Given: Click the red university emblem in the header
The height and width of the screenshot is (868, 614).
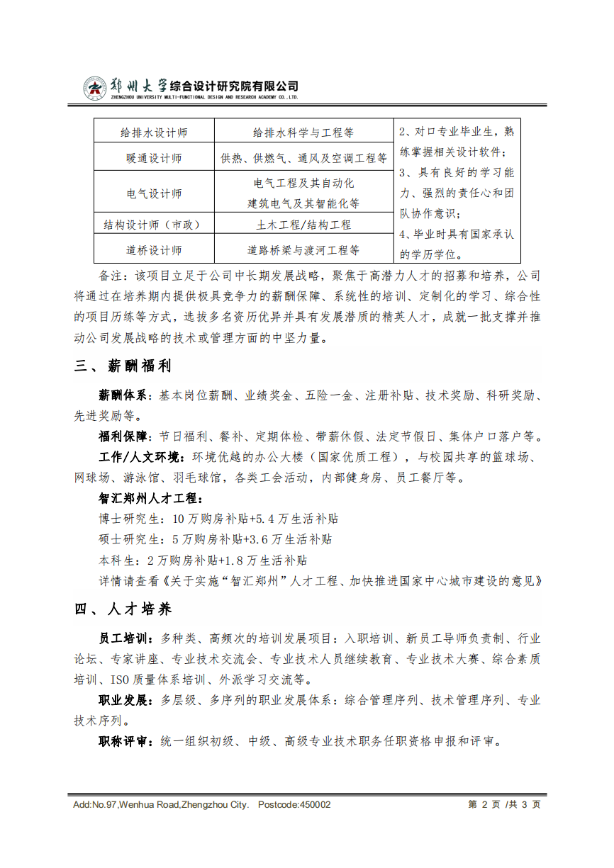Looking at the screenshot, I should coord(94,87).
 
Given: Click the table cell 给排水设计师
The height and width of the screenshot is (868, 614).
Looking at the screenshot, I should coord(154,133).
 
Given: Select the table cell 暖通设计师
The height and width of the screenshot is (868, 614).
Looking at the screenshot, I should coord(154,158).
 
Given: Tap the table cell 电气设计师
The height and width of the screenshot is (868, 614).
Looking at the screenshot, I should coord(154,193).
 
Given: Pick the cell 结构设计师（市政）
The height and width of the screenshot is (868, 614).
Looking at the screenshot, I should coord(154,225).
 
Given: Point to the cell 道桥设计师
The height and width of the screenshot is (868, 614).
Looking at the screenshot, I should coord(154,250).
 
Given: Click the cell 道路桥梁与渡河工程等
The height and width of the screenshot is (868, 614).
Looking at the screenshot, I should coord(303,250).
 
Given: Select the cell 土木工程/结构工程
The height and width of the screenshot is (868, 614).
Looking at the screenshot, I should coord(303,225).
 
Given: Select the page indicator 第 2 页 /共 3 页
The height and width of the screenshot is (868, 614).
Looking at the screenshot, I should coord(504,805).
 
